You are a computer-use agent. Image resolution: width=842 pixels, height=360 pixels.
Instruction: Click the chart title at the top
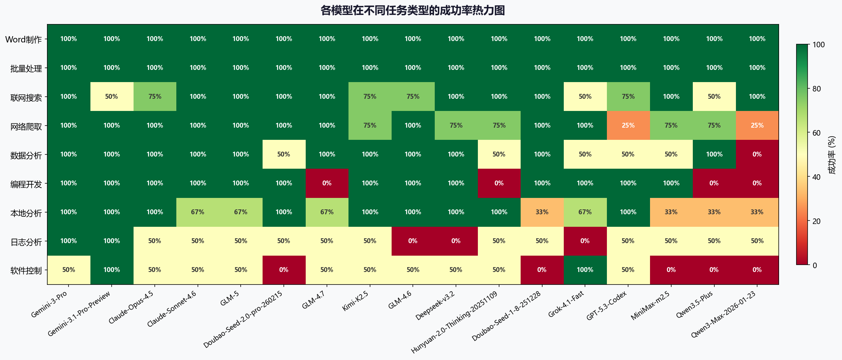pos(412,10)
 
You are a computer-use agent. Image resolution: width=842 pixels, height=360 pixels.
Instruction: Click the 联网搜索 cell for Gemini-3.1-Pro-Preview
pos(112,97)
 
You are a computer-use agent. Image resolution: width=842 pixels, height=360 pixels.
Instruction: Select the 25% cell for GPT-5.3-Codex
pos(628,126)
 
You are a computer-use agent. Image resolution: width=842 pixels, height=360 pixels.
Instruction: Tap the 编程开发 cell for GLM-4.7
pos(327,183)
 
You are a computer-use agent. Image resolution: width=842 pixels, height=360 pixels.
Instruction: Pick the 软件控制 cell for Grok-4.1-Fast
pos(585,270)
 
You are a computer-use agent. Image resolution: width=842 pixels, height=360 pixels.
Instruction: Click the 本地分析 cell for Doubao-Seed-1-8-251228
pos(542,212)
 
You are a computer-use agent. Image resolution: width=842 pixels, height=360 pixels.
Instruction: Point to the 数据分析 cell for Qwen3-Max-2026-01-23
pos(757,154)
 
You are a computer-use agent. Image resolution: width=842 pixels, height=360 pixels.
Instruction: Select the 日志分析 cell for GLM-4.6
pos(413,241)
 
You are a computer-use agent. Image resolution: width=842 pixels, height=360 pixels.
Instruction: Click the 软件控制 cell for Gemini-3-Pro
pos(69,270)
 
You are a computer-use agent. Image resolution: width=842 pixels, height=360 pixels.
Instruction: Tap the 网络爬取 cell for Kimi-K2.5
pos(370,126)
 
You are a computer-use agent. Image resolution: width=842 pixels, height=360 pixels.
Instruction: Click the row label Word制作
pos(23,40)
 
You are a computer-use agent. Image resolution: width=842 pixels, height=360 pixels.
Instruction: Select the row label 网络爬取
pos(26,127)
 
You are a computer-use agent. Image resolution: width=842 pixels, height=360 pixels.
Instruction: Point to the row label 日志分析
pos(26,242)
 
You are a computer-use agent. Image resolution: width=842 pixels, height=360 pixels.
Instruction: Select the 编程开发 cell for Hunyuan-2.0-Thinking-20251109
pos(499,183)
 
